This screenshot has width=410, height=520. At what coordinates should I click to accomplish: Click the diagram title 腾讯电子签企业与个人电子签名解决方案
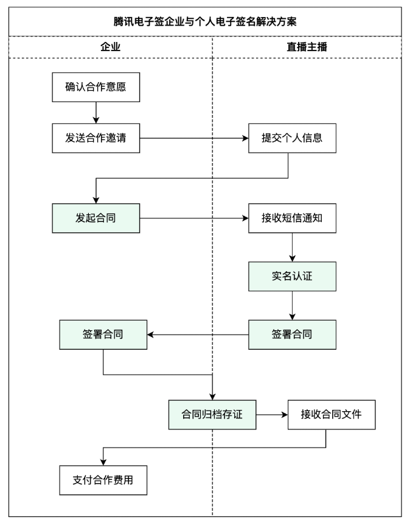(x=204, y=21)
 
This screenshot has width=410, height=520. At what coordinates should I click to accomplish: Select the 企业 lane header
(x=109, y=47)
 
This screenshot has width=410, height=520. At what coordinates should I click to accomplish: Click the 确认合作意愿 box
(x=96, y=86)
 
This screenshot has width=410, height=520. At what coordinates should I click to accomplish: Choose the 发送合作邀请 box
(x=96, y=138)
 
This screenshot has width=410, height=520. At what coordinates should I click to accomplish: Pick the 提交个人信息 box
(x=292, y=138)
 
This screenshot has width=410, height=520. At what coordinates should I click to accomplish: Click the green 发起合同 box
(x=96, y=217)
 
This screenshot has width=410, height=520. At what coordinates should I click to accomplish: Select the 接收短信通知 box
(x=292, y=217)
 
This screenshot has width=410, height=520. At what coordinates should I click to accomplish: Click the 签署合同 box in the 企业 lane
(x=103, y=334)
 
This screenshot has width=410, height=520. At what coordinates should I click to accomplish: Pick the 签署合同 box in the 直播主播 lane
(x=292, y=334)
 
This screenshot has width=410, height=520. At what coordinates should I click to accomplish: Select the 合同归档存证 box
(x=212, y=415)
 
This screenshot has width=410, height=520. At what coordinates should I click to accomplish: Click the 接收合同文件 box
(x=331, y=415)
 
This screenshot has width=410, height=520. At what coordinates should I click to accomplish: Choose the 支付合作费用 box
(x=103, y=480)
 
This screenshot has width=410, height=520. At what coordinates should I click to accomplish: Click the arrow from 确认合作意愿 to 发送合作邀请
(x=96, y=113)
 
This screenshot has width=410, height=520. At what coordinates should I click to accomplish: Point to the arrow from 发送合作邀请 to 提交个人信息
(x=194, y=138)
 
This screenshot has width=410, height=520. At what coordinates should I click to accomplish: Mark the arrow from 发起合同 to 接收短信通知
(x=194, y=217)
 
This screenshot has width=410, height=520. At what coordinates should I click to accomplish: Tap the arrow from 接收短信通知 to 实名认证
(x=293, y=246)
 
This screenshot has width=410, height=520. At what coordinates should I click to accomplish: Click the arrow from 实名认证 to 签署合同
(x=293, y=305)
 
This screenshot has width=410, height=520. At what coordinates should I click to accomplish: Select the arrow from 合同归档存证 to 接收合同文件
(x=271, y=415)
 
